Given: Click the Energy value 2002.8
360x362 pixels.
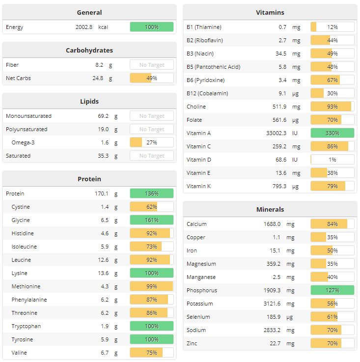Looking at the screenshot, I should (x=83, y=27).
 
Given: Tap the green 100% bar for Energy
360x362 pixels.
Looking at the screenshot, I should (x=151, y=27).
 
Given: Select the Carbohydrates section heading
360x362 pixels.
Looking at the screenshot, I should (x=89, y=50).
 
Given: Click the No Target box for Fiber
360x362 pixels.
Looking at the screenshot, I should (x=151, y=65).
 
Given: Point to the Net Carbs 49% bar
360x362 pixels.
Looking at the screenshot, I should (x=151, y=78).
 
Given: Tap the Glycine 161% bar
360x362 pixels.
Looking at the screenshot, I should (x=151, y=220).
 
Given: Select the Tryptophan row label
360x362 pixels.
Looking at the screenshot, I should (x=26, y=326).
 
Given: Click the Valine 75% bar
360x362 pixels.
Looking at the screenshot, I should (x=151, y=353).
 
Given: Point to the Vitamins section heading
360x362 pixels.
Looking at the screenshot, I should (x=270, y=12).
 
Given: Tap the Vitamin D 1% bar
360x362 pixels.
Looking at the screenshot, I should (x=332, y=160).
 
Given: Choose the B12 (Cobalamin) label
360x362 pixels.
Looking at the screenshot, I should (x=207, y=93).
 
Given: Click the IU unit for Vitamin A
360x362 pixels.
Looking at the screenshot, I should (x=295, y=133).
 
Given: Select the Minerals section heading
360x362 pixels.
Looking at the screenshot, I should (x=270, y=209).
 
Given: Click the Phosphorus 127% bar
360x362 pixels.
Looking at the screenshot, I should (x=332, y=290).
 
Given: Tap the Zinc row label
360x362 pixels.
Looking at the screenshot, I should (x=192, y=343).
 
